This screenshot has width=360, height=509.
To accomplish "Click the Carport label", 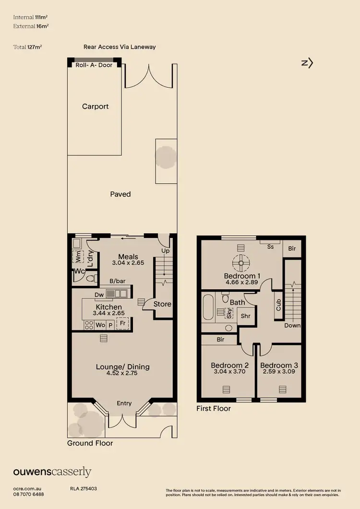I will coord(95,107).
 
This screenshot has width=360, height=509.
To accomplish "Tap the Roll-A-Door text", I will coord(94,65).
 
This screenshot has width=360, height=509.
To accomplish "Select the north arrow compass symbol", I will coord(307,63).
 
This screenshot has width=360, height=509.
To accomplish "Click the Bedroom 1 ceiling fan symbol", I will coord(240,262).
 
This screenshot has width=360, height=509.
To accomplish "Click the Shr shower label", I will coord(246,316).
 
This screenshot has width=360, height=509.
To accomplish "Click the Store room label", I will coord(162,304).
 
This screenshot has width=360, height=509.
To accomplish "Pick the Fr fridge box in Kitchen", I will coord(123,324).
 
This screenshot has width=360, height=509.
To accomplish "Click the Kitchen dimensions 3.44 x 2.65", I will coord(108,313).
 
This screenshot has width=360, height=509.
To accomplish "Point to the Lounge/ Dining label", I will coord(122,367).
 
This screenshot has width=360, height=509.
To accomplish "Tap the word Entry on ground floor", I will coord(124,403).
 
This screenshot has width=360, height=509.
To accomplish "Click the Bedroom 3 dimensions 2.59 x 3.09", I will coord(279,372).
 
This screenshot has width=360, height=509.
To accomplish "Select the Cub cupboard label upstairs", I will coord(278,304).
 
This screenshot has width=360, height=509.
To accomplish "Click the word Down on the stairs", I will coord(292,325).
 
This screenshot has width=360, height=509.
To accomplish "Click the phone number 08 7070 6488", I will coord(28,494).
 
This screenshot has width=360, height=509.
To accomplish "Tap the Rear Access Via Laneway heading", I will coord(120,47).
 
